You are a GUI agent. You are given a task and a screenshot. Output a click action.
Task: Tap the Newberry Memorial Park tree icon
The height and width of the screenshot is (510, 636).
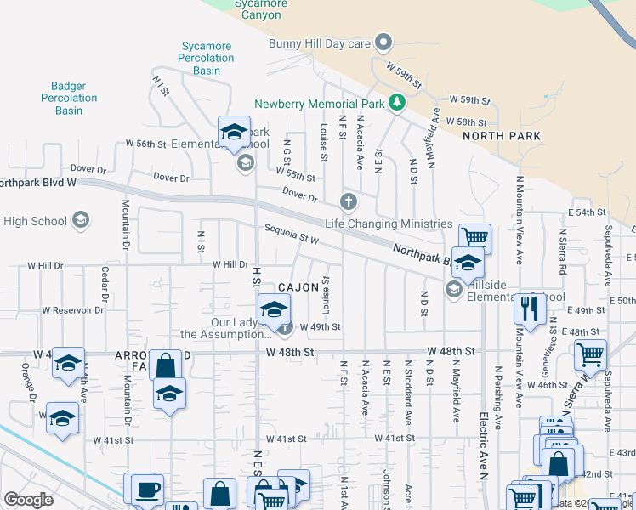[395, 103]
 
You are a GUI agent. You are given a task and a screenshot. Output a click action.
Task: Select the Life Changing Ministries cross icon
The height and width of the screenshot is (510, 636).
[348, 202]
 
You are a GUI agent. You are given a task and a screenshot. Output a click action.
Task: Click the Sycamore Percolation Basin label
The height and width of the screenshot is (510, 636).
[206, 58]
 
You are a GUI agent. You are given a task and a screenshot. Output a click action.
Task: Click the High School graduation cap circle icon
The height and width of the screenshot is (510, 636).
[81, 221]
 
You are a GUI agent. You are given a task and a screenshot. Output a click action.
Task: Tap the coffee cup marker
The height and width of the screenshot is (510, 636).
[147, 490]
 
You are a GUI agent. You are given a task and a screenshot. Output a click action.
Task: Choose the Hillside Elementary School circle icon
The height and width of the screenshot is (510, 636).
[453, 291]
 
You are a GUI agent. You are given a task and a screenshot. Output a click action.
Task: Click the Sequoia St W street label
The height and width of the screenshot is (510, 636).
[291, 235]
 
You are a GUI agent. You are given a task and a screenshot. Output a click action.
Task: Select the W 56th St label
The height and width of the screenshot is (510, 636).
[145, 144]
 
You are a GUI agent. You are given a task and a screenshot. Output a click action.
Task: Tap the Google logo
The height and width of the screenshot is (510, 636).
[28, 500]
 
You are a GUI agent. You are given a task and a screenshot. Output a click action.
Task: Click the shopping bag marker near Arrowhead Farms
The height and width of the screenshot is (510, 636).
[167, 366]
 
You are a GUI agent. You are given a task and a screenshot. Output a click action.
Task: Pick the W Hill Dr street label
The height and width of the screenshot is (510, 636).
[230, 266]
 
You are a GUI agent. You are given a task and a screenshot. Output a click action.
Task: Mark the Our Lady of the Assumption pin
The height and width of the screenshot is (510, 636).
[286, 327]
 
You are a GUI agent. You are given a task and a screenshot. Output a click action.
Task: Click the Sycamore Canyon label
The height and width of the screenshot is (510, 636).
[260, 9]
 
